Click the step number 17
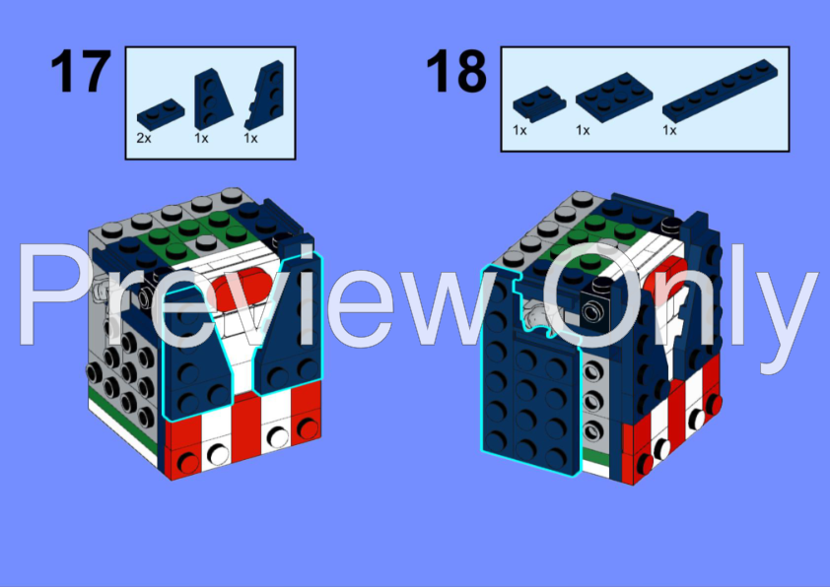(x=79, y=73)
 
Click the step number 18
(x=456, y=73)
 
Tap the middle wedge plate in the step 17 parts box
(x=209, y=98)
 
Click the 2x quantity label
(x=144, y=139)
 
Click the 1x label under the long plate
(x=669, y=130)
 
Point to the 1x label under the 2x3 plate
(x=583, y=130)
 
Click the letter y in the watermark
(x=784, y=305)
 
